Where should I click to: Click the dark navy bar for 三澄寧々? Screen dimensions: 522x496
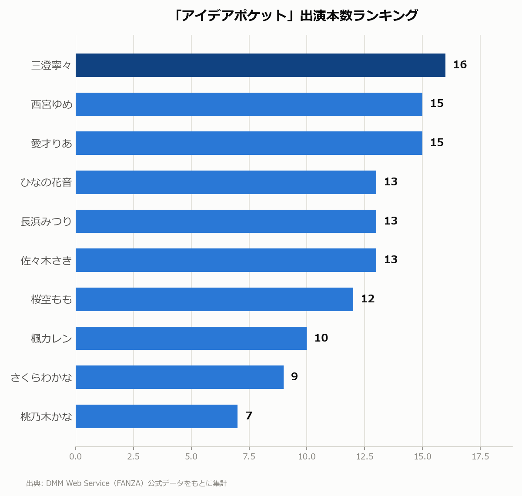pyautogui.click(x=261, y=65)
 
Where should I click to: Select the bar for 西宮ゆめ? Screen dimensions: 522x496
pyautogui.click(x=249, y=104)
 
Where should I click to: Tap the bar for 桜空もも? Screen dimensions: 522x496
pyautogui.click(x=214, y=299)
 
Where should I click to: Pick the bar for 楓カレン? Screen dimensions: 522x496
pyautogui.click(x=191, y=338)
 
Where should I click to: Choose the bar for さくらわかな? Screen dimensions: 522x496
pyautogui.click(x=180, y=377)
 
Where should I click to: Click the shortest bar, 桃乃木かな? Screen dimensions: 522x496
pyautogui.click(x=157, y=416)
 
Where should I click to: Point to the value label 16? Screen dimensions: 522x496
pyautogui.click(x=460, y=65)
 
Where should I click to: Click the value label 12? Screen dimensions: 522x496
pyautogui.click(x=368, y=299)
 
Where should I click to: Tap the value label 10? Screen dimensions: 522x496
pyautogui.click(x=321, y=338)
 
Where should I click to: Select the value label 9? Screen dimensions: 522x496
pyautogui.click(x=294, y=377)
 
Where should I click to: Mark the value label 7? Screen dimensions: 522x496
pyautogui.click(x=248, y=416)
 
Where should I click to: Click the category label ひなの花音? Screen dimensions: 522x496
pyautogui.click(x=46, y=182)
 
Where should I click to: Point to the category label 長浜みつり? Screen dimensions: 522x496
pyautogui.click(x=46, y=221)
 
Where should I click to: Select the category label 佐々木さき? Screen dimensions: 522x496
pyautogui.click(x=46, y=261)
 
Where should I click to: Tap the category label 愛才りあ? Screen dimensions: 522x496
pyautogui.click(x=51, y=144)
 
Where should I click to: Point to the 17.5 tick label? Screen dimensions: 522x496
pyautogui.click(x=480, y=457)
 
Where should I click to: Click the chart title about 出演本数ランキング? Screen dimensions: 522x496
pyautogui.click(x=295, y=15)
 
